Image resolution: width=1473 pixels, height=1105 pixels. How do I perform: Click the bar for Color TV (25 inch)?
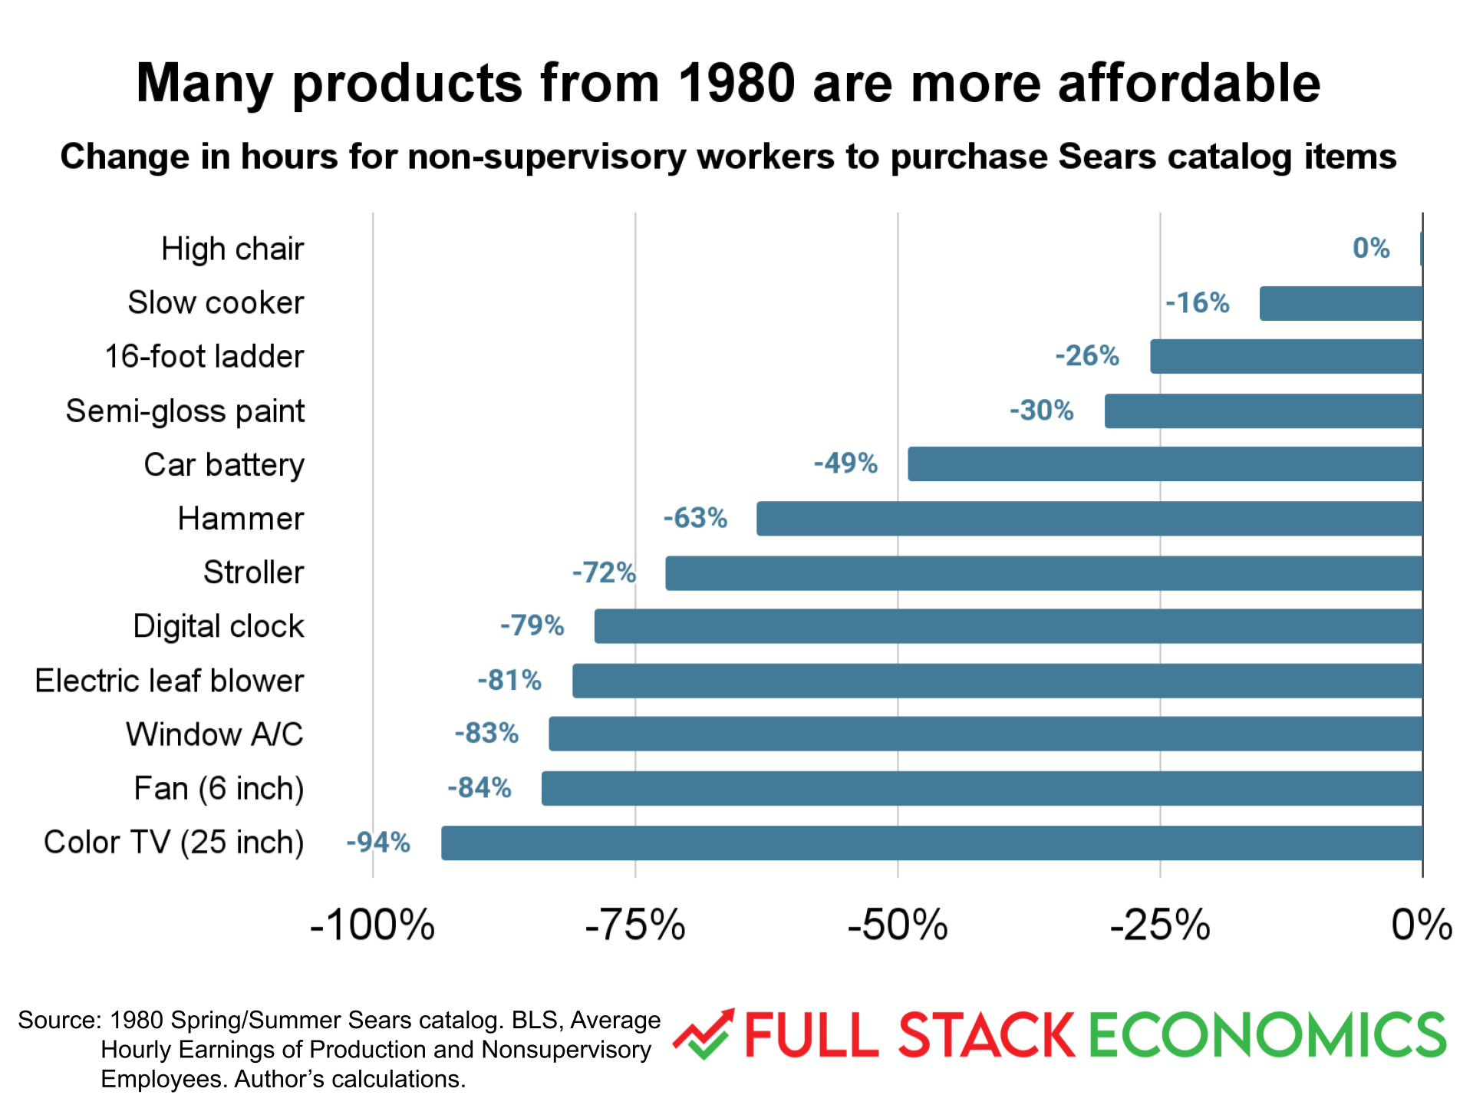pyautogui.click(x=931, y=843)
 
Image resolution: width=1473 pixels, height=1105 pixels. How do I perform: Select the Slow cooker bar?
pyautogui.click(x=1340, y=303)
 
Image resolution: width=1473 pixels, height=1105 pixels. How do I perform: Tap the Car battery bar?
pyautogui.click(x=1165, y=464)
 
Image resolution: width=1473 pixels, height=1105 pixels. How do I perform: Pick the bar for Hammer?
pyautogui.click(x=1089, y=519)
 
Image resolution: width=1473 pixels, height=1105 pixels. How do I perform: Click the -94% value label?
pyautogui.click(x=378, y=843)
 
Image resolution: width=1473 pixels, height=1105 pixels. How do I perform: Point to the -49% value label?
pyautogui.click(x=845, y=463)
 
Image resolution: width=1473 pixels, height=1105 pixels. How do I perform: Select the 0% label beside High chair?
pyautogui.click(x=1371, y=249)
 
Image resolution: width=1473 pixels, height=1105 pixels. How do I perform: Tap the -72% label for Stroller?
pyautogui.click(x=604, y=572)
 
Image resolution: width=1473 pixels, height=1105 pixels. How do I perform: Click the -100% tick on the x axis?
pyautogui.click(x=372, y=925)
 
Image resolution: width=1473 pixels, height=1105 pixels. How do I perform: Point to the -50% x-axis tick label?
pyautogui.click(x=898, y=925)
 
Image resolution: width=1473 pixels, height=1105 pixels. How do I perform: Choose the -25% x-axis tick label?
pyautogui.click(x=1160, y=925)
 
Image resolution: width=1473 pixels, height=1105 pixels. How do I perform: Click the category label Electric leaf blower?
pyautogui.click(x=170, y=681)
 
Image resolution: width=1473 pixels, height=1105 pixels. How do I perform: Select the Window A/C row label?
pyautogui.click(x=215, y=734)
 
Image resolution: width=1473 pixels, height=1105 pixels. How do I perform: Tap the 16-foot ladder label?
pyautogui.click(x=204, y=357)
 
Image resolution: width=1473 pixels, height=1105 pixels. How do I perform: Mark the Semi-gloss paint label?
pyautogui.click(x=185, y=411)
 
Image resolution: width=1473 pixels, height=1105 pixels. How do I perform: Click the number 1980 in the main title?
pyautogui.click(x=736, y=83)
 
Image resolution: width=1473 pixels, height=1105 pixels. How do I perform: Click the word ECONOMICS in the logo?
pyautogui.click(x=1267, y=1035)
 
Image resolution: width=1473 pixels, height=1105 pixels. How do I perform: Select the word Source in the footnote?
pyautogui.click(x=58, y=1020)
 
